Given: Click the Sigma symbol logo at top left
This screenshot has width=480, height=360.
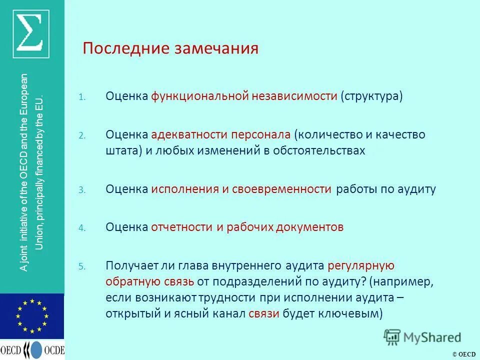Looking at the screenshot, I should pos(32,32).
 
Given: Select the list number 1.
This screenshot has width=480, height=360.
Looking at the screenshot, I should pos(82,97).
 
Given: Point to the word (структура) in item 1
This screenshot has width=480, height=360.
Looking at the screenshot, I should pos(371,96).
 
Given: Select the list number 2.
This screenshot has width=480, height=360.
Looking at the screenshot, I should pos(82,136).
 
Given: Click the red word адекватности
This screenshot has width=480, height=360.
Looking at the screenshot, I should pos(183,135).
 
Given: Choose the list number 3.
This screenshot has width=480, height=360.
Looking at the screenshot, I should pos(82,190).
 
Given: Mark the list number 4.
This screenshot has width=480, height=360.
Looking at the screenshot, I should pos(82,228).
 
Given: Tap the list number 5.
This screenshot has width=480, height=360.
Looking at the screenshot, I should pos(82,266).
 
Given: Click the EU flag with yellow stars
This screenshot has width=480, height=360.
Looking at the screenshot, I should pos(32,316).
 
